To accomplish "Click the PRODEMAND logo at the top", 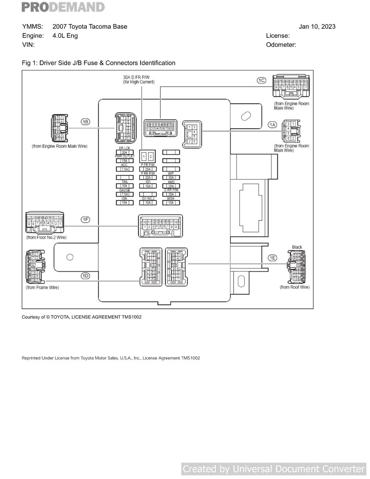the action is tap(63, 7).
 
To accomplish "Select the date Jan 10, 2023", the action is tap(317, 27).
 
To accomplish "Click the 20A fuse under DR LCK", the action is tap(124, 152).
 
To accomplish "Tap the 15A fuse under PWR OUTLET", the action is tap(124, 161).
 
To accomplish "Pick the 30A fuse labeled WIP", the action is tap(171, 177).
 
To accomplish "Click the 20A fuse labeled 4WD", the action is tap(171, 186).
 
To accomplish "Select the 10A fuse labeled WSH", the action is tap(171, 202).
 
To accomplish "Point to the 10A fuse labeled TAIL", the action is tap(124, 186).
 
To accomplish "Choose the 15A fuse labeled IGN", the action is tap(124, 202).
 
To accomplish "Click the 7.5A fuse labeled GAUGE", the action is tap(124, 194).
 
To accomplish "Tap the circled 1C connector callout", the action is tap(261, 80).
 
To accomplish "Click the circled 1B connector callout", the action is tap(86, 122).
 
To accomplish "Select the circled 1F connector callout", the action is tap(86, 219).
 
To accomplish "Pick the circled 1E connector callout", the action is tap(273, 258).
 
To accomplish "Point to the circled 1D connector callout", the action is tap(86, 276).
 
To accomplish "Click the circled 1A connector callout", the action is tap(272, 125).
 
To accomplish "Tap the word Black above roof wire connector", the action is tap(297, 247).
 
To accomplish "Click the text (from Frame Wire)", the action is tap(42, 287).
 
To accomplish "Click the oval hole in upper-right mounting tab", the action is tap(246, 116).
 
